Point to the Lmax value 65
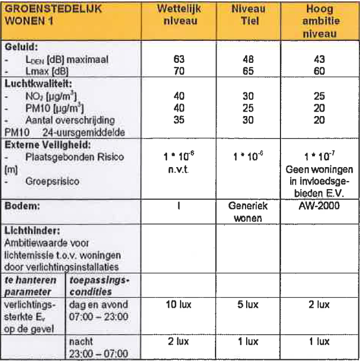pos(248,70)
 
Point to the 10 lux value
pos(181,305)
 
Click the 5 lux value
pos(248,305)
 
